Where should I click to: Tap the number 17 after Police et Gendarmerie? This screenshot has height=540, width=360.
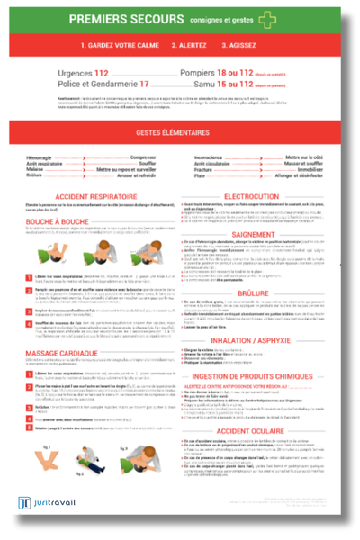pos(143,83)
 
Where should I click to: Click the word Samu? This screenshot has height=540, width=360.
pos(198,83)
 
